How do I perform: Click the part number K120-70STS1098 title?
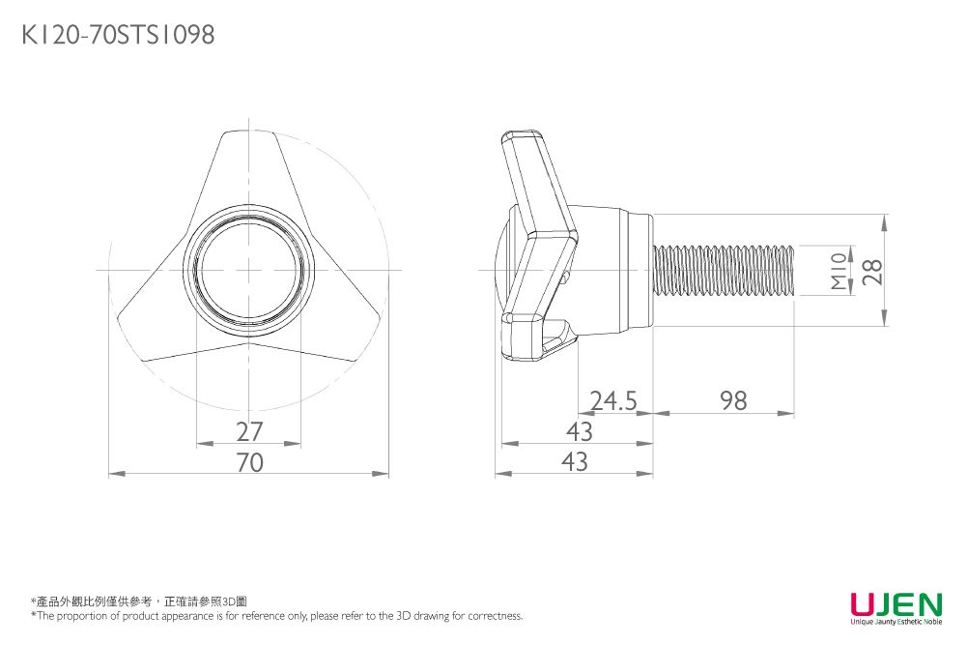tap(118, 36)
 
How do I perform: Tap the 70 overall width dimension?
tap(249, 463)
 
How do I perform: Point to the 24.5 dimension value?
tap(613, 400)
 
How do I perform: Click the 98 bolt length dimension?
tap(733, 400)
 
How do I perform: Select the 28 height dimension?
tap(873, 270)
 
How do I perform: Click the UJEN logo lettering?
tap(896, 605)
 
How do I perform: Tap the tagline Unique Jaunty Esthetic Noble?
tap(896, 622)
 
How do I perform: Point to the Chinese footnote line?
tap(139, 601)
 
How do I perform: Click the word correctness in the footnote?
tap(496, 616)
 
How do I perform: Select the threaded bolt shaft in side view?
tap(725, 270)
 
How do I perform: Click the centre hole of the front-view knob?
tap(249, 270)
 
